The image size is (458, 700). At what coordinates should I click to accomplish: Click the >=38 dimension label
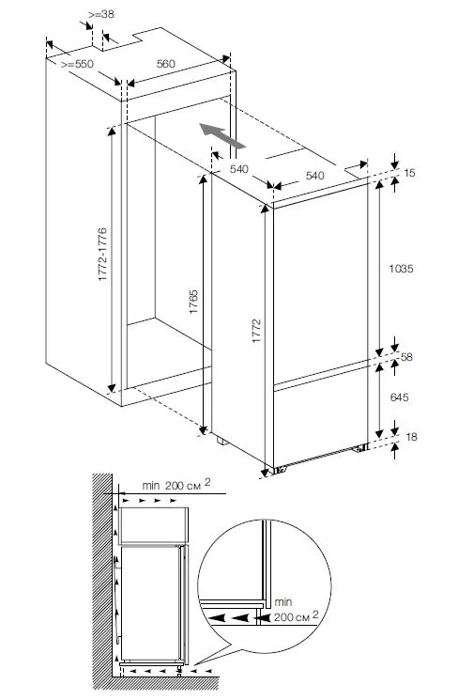pyautogui.click(x=101, y=14)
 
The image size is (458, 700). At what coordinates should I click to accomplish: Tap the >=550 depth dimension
pyautogui.click(x=77, y=64)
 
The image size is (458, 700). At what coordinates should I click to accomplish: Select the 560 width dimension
pyautogui.click(x=166, y=64)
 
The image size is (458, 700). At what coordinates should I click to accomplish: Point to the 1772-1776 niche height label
pyautogui.click(x=102, y=254)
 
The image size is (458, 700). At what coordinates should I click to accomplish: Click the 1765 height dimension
pyautogui.click(x=193, y=302)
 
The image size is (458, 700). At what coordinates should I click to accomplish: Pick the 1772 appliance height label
pyautogui.click(x=256, y=331)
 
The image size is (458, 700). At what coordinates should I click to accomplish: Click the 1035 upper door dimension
pyautogui.click(x=401, y=269)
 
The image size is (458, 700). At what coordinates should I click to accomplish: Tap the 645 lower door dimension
pyautogui.click(x=399, y=397)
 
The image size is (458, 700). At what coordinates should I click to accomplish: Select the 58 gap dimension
pyautogui.click(x=406, y=357)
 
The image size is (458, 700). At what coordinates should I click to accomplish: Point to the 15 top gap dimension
pyautogui.click(x=409, y=173)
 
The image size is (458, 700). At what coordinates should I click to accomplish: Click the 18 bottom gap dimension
pyautogui.click(x=411, y=437)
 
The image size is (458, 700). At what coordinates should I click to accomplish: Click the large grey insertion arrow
pyautogui.click(x=222, y=135)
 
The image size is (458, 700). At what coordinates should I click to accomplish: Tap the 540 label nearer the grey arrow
pyautogui.click(x=239, y=169)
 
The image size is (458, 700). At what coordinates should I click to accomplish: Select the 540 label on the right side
pyautogui.click(x=314, y=176)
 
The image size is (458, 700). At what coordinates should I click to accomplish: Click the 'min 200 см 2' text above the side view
pyautogui.click(x=176, y=485)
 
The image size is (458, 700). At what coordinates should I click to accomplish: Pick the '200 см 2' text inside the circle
pyautogui.click(x=297, y=616)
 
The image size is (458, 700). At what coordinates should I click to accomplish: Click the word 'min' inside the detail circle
pyautogui.click(x=283, y=602)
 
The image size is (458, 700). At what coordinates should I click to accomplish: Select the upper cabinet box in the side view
pyautogui.click(x=154, y=525)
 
